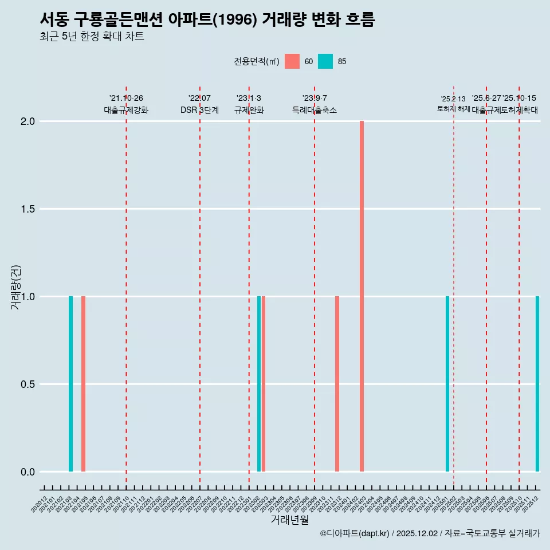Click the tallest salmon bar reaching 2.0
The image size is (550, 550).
point(362,296)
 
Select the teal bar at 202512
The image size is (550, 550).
point(537,384)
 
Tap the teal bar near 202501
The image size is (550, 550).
point(447,384)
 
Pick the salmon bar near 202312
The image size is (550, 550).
point(337,384)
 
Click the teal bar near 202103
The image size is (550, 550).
point(70,384)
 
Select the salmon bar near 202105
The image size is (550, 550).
point(83,384)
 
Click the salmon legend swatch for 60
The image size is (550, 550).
point(292,61)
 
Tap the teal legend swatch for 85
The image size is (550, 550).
point(325,61)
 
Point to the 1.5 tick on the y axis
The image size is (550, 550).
point(28,209)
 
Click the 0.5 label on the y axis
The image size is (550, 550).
point(28,384)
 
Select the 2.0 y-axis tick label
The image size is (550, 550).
point(28,121)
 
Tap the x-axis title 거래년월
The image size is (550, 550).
point(289,520)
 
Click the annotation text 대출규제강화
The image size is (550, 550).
point(126,110)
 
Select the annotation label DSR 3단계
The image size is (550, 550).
point(199,110)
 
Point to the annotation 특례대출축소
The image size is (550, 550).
point(315,110)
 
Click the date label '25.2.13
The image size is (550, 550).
point(453,99)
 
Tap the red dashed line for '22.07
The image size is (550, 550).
point(200,286)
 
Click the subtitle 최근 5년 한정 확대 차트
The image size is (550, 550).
point(92,37)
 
